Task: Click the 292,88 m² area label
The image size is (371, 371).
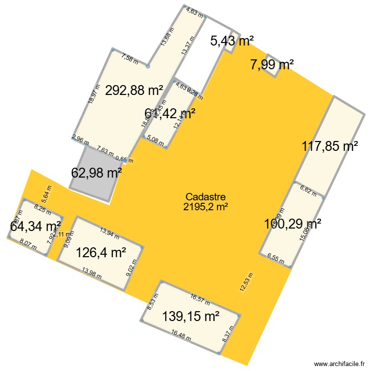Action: pyautogui.click(x=134, y=91)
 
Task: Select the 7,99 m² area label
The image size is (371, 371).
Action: pyautogui.click(x=272, y=64)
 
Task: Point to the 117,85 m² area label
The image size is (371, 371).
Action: pyautogui.click(x=330, y=146)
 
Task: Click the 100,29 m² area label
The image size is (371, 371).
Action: pyautogui.click(x=292, y=224)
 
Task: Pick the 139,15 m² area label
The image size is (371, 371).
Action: pyautogui.click(x=191, y=316)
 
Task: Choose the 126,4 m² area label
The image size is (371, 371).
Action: pyautogui.click(x=100, y=253)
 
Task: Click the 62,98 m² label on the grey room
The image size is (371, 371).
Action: pyautogui.click(x=96, y=173)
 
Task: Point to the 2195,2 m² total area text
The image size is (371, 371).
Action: pyautogui.click(x=205, y=207)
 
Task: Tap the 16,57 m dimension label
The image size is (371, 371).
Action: pyautogui.click(x=200, y=298)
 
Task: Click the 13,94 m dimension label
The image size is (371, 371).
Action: pyautogui.click(x=110, y=231)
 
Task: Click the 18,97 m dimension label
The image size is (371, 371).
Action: pyautogui.click(x=92, y=93)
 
